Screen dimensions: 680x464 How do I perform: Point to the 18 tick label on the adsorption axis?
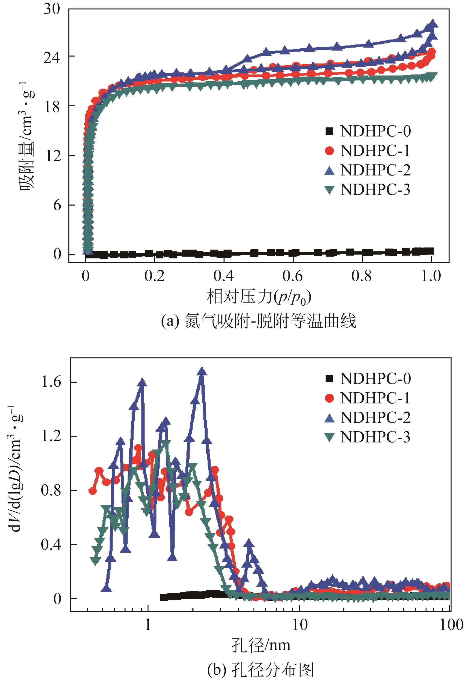click(52, 107)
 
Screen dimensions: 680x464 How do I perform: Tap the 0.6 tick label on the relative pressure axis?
click(293, 276)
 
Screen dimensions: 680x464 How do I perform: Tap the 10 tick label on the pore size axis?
click(300, 625)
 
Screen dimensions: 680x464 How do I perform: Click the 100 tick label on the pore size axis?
click(451, 625)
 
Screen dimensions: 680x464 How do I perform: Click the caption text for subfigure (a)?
click(259, 321)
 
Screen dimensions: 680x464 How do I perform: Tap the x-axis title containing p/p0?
click(259, 298)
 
